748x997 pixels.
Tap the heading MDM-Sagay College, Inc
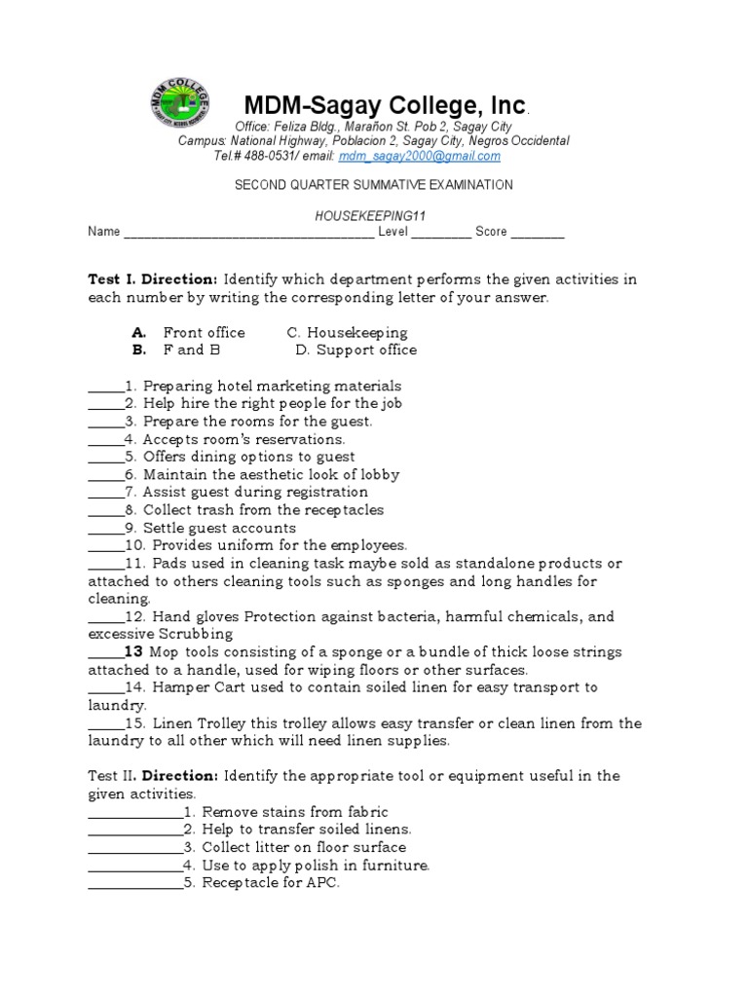385,105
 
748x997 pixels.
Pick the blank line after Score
538,233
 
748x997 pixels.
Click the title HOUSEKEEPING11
373,216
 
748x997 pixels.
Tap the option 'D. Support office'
355,351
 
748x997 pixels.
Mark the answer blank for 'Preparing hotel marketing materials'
106,388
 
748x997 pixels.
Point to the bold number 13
134,651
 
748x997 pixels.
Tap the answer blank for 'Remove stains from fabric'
134,813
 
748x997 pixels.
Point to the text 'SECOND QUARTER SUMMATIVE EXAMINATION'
373,185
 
